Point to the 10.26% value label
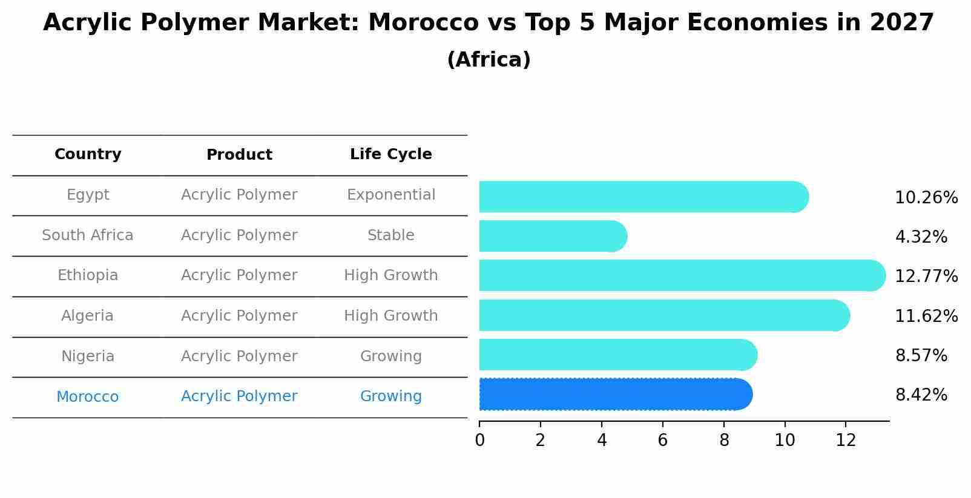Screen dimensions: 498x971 [926, 198]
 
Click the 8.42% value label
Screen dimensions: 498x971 [921, 395]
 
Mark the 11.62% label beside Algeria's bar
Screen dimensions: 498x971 [926, 316]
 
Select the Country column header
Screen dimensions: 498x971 [88, 154]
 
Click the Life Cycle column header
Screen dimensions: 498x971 [390, 154]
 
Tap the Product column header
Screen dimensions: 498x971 [239, 155]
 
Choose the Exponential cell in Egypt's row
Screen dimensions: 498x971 [390, 195]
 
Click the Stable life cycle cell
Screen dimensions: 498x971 [390, 235]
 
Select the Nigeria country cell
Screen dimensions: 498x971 [88, 356]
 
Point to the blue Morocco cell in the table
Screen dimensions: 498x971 [88, 397]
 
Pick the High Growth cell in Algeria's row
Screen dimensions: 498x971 [390, 316]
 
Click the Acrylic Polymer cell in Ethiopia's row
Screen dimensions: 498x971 [239, 275]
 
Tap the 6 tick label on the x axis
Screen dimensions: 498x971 [663, 441]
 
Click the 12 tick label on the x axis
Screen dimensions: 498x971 [846, 441]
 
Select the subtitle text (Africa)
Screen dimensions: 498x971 [489, 60]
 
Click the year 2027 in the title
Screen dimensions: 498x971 [901, 23]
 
